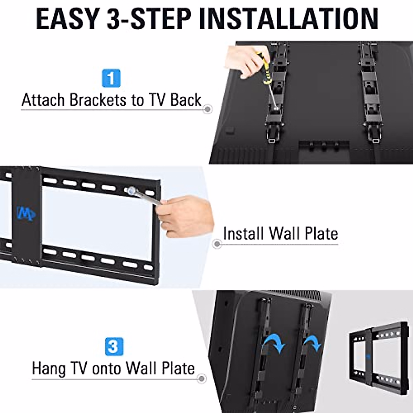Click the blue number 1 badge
coord(111,78)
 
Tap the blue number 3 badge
coord(113,347)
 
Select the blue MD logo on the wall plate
coord(26,214)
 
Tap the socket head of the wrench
coord(131,190)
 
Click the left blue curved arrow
coord(274,342)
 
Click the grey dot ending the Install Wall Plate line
coord(217,244)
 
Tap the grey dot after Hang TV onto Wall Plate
coord(202,379)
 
